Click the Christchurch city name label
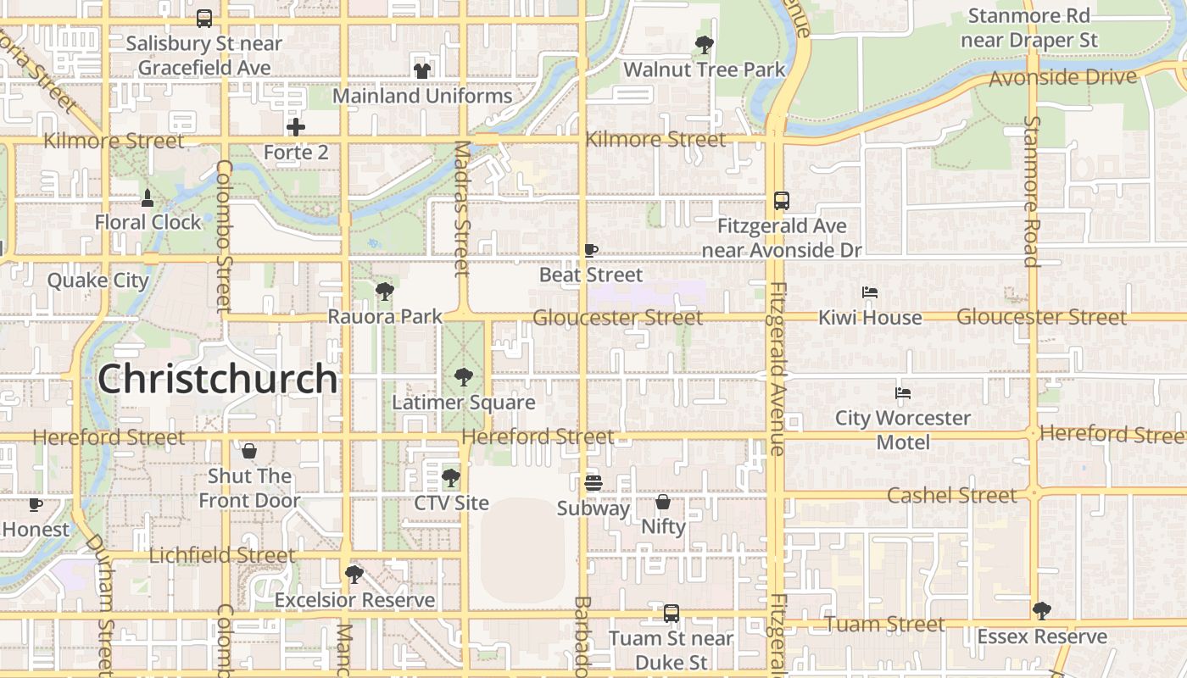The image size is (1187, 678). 218,379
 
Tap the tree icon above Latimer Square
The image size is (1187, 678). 463,376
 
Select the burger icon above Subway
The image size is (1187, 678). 593,483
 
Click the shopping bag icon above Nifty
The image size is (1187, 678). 663,502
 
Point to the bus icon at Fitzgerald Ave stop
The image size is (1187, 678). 781,201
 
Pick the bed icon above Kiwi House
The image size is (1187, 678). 869,292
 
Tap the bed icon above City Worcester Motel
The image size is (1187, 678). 902,393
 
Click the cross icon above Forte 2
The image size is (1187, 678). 295,127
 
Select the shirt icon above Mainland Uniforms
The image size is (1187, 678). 421,70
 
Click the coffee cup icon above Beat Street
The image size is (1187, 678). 591,250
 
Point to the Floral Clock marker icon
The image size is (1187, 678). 148,197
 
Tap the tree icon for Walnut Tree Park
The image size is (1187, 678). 704,44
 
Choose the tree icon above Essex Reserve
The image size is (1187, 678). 1041,611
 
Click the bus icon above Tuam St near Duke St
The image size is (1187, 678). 671,613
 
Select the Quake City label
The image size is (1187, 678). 98,281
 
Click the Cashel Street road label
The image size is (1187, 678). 951,495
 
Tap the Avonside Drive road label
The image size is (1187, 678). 1062,78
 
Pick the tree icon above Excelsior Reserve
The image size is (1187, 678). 354,575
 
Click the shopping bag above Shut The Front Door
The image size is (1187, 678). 249,451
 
